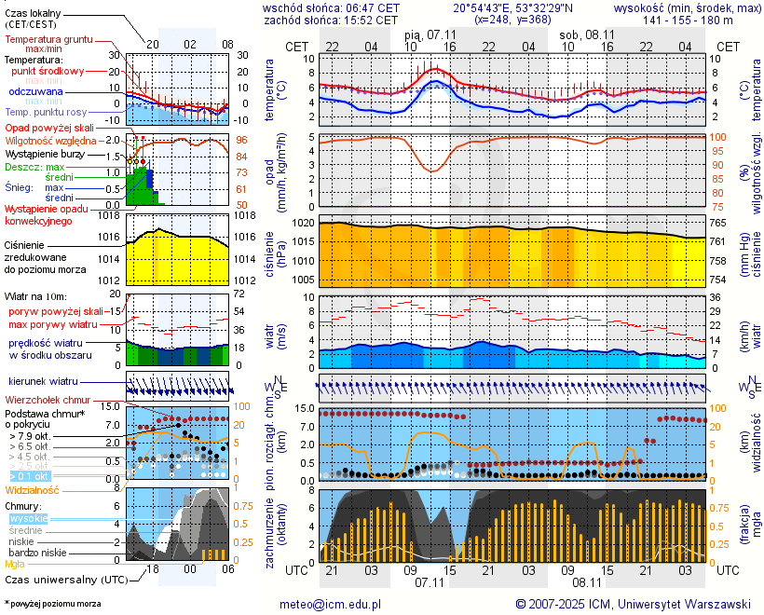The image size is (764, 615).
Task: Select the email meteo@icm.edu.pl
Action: coord(331,604)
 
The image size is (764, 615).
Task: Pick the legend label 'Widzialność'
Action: coord(33,489)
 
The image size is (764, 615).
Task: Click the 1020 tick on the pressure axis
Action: coord(304,224)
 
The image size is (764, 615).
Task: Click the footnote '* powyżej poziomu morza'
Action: coord(52,604)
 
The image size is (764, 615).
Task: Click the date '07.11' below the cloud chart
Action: coord(430,581)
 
